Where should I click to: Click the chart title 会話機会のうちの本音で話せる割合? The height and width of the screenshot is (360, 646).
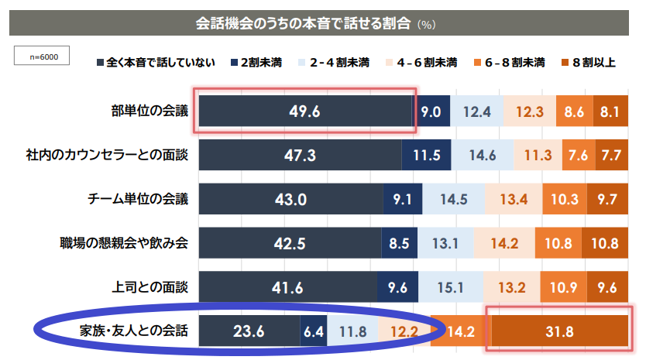[305, 23]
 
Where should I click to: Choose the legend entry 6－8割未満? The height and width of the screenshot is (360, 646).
[515, 62]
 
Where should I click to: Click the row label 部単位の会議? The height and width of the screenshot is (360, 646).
[149, 111]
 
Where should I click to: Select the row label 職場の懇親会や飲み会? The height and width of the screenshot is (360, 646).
[124, 243]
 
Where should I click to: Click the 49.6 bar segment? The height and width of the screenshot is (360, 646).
[304, 111]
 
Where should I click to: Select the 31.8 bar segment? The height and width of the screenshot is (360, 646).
[558, 332]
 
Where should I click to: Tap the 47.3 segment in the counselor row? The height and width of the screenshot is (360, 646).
[300, 155]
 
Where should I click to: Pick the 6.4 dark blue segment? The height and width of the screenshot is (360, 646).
[313, 332]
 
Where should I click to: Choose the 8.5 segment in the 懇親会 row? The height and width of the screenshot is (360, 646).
[398, 244]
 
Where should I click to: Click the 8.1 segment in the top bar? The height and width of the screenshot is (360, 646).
[609, 111]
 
